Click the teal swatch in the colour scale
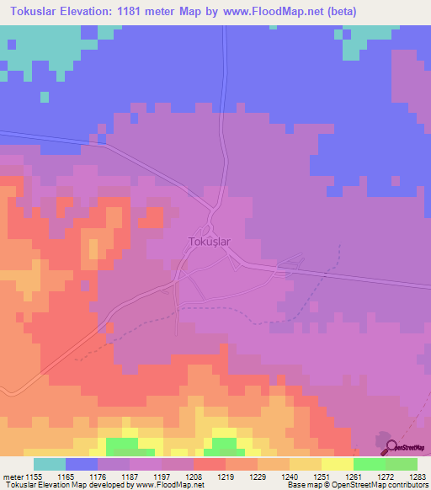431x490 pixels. [50, 465]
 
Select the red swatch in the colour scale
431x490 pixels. [210, 465]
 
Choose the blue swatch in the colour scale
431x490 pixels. [82, 465]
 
